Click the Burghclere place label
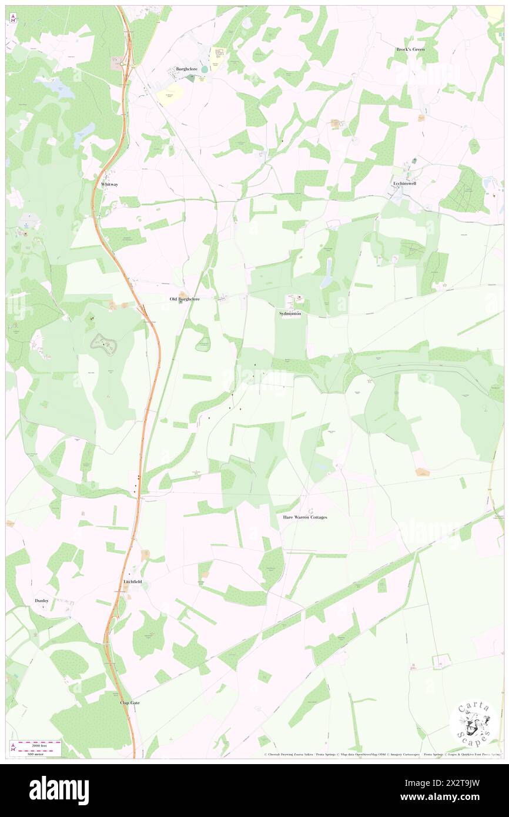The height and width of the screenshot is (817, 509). click(x=187, y=69)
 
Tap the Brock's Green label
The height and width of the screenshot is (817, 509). click(x=410, y=49)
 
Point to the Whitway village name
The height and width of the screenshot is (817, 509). click(x=109, y=185)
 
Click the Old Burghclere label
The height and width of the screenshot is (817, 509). click(x=185, y=299)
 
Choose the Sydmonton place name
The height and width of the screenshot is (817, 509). click(x=290, y=314)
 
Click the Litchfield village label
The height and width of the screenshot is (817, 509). click(x=133, y=581)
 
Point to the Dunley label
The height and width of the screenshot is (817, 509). click(x=41, y=601)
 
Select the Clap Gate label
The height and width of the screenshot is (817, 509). click(x=130, y=702)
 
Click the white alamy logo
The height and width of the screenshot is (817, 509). click(x=59, y=791)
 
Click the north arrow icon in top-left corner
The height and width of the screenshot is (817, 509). click(x=13, y=18)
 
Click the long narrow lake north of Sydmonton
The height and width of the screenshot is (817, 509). click(x=327, y=273)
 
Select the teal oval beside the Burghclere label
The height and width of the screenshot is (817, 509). click(x=205, y=69)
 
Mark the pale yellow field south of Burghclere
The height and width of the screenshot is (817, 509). click(x=170, y=94)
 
